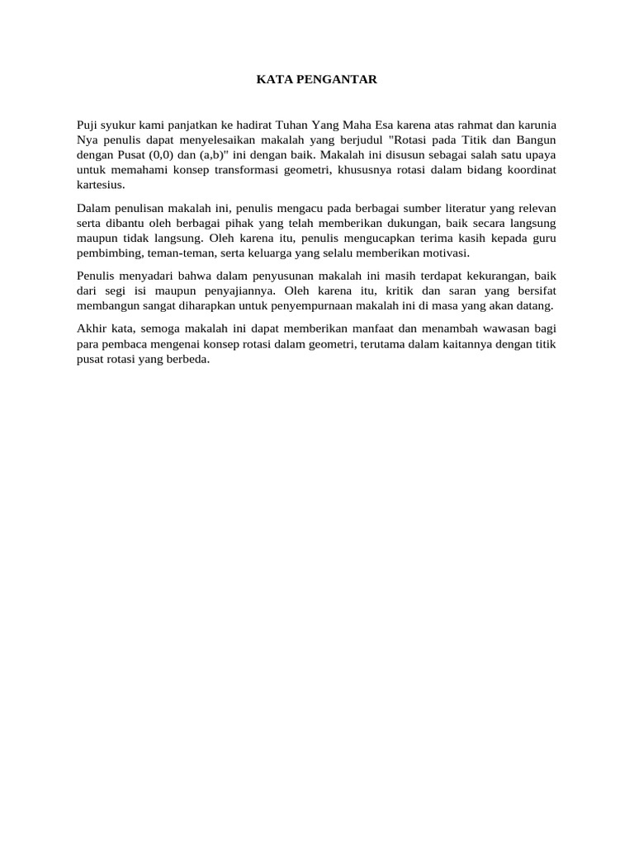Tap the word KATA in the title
point(271,79)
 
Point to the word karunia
point(535,125)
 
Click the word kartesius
point(100,184)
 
